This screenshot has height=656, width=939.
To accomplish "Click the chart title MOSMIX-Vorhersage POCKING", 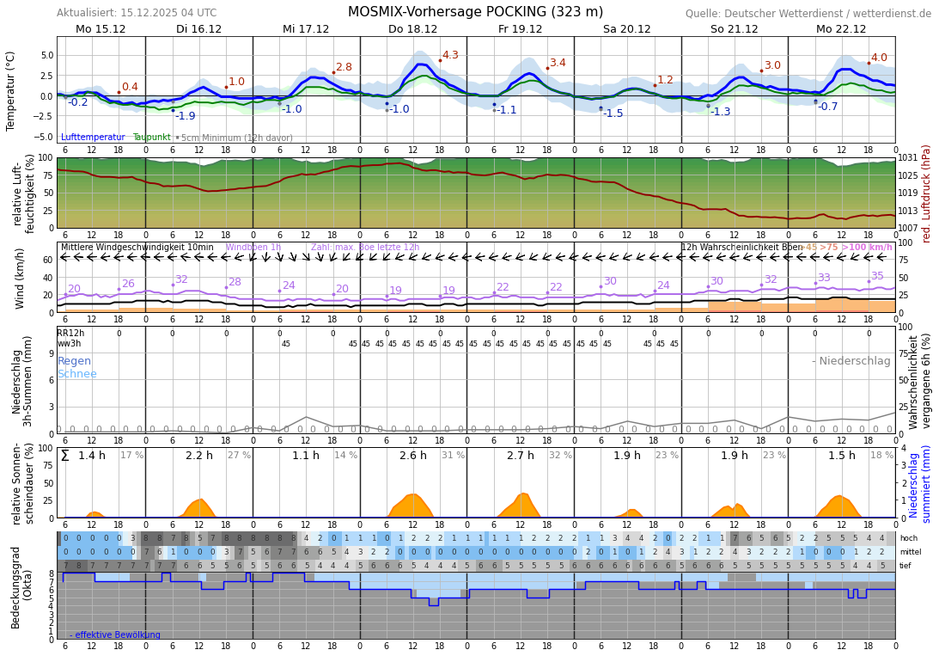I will coord(475,12).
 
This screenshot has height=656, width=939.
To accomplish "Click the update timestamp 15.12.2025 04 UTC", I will coord(165,14).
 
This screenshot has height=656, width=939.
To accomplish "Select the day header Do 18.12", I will coord(412,29).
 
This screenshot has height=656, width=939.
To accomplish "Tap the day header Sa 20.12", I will coord(626,29).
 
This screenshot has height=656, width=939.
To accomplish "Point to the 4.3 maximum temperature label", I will coord(450,55).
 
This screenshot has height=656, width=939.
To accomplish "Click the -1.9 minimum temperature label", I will coord(186,116).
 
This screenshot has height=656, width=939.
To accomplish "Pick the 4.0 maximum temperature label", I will coord(879,58).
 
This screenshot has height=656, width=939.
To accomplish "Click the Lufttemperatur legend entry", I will coord(93,138).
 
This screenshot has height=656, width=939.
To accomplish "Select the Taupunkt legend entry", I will coord(151,138).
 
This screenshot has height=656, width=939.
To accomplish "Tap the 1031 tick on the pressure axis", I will coord(908,158).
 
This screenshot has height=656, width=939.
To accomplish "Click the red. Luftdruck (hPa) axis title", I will coord(927,193).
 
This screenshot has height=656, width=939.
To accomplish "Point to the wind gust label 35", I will coord(877,276).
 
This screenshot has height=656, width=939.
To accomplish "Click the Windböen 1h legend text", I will coord(253,248).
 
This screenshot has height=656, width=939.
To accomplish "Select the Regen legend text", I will coord(74,361).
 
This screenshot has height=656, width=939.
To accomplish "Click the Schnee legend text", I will coord(77,374).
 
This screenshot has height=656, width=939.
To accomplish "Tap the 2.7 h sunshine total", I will coord(521,456).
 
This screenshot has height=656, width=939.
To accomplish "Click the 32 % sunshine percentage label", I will coord(560,456).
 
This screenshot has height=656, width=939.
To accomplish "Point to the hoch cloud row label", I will coord(909,538).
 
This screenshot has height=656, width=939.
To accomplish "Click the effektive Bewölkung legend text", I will coord(118,635).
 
